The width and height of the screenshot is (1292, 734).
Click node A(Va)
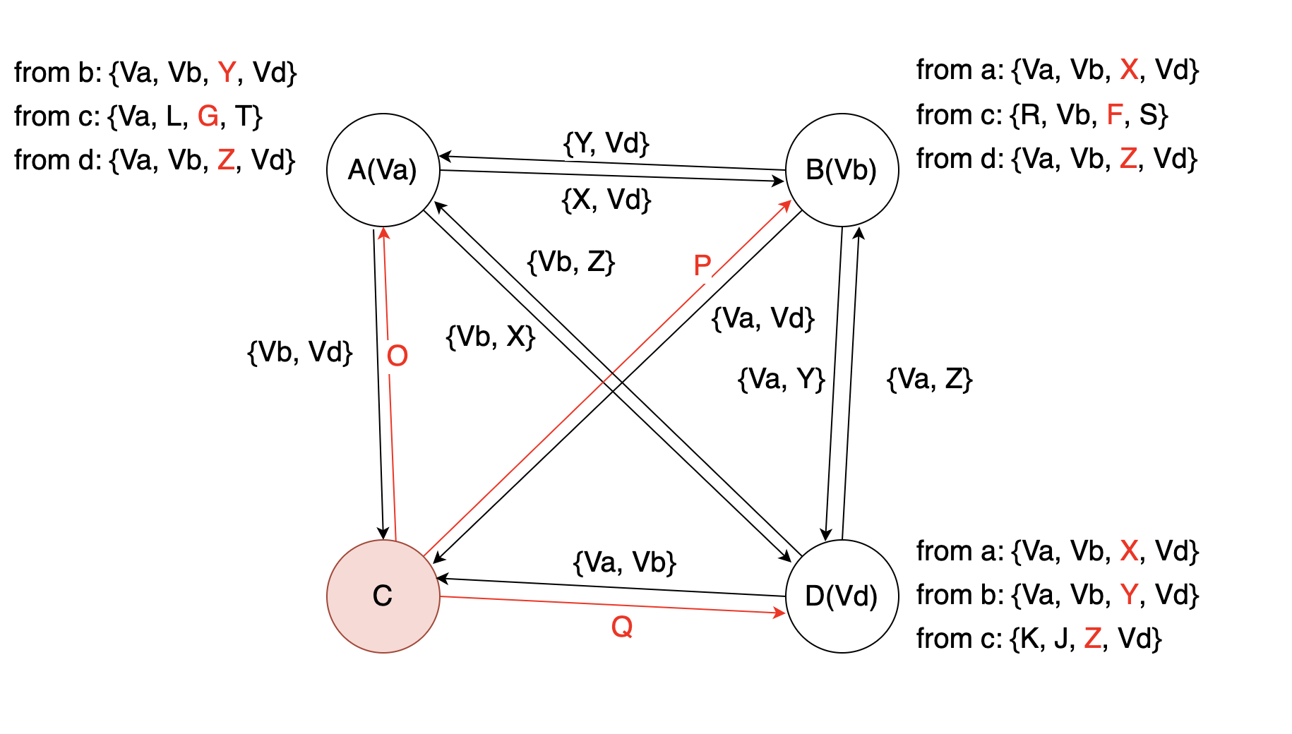point(383,170)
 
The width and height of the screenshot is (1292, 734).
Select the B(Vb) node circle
point(842,170)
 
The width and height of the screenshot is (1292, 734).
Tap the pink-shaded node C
point(383,596)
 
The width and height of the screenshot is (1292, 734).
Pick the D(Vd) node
point(842,596)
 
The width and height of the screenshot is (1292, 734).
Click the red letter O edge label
point(397,356)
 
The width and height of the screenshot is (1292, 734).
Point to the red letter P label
point(702,266)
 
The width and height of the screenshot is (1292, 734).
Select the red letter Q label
point(621,627)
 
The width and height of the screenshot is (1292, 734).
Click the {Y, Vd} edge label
point(606,143)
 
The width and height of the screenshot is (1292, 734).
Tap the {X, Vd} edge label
point(606,200)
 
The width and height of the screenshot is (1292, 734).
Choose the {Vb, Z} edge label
point(571,262)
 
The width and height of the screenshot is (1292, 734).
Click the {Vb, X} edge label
point(491,337)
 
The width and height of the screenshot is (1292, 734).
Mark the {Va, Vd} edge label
point(763,318)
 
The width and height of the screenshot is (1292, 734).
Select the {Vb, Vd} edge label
point(300,352)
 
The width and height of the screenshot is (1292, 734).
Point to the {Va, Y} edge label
point(782,379)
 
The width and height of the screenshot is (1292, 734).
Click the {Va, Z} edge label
point(929,379)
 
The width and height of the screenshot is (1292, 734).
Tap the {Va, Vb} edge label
point(625,562)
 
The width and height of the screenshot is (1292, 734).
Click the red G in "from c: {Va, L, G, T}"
point(208,116)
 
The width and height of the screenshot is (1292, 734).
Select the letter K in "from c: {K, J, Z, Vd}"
point(1030,639)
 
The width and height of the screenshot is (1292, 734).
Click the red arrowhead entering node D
point(779,613)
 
